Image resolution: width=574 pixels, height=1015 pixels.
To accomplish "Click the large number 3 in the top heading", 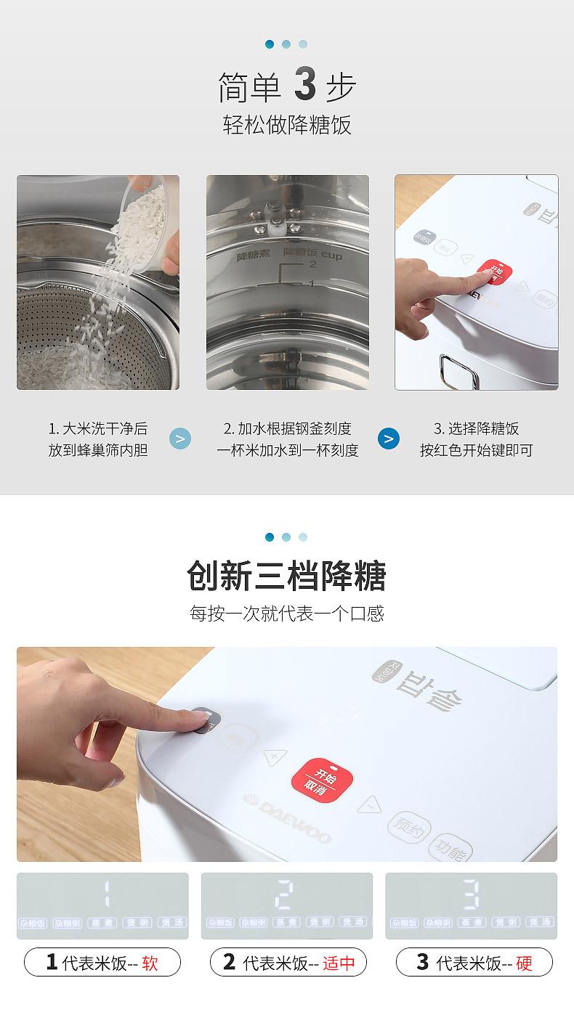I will coord(305,85).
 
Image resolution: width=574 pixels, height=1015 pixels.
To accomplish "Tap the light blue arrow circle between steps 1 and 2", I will coord(180,439).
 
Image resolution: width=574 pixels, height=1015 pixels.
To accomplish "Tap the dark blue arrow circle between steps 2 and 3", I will coord(389,439).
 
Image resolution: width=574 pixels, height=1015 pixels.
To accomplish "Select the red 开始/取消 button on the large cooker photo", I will coord(322,783).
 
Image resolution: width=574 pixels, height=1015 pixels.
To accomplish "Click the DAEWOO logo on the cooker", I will coord(287,819).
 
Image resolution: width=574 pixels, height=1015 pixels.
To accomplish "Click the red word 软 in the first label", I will coord(150,963).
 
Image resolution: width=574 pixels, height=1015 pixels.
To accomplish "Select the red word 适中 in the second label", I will coord(339,963).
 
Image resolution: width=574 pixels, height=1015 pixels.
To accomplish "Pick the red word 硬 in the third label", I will coord(524,963).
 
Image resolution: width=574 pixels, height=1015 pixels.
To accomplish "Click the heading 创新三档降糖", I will coord(286,576).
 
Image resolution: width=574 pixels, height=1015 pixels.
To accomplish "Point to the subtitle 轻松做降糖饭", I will coord(286,125).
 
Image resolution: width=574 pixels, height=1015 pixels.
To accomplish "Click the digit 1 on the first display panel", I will coord(108,895).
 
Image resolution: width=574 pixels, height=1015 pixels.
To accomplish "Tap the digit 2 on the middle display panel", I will coord(285,895).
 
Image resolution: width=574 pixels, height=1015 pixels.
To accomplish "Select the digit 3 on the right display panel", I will coord(471,895).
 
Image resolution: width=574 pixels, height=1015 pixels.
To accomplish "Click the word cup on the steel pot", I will coord(331,255).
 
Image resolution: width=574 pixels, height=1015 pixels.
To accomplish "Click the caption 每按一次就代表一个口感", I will coord(286,614).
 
